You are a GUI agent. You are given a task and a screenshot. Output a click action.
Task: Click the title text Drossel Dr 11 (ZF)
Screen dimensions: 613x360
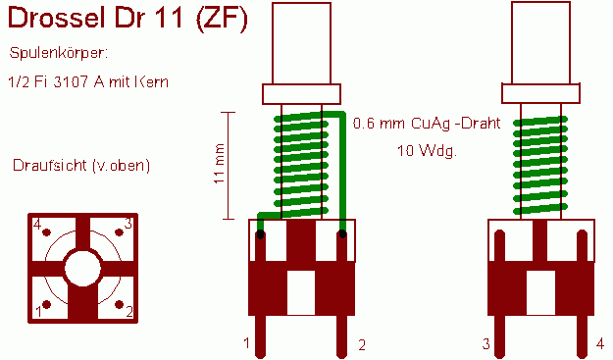(128, 18)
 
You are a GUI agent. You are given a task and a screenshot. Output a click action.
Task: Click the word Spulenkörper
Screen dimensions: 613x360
(58, 53)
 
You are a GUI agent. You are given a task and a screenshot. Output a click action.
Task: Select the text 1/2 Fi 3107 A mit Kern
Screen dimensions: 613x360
(88, 81)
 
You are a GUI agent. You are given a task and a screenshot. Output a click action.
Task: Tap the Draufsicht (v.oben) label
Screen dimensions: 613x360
(81, 166)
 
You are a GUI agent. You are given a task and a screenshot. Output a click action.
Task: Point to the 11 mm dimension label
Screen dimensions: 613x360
(219, 164)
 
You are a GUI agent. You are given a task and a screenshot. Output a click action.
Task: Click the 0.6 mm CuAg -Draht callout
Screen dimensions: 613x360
(427, 124)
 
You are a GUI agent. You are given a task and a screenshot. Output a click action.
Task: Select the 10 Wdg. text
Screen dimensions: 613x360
(427, 150)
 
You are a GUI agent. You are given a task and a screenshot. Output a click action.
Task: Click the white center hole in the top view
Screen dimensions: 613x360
(82, 269)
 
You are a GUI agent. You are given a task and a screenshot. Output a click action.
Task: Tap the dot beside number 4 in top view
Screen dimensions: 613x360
(46, 232)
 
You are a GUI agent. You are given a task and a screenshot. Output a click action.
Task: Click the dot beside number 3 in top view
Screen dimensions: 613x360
(119, 232)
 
